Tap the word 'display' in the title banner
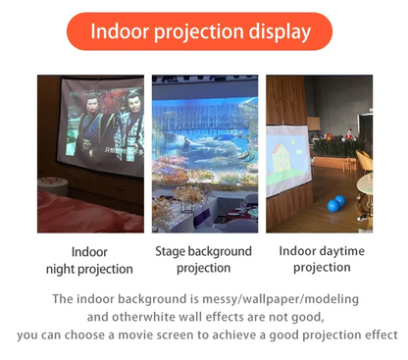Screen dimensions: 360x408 click(279, 32)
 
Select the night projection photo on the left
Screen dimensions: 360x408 click(89, 153)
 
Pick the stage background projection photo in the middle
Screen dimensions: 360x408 click(204, 153)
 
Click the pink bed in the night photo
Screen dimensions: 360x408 click(78, 211)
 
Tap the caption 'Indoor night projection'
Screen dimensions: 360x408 click(89, 260)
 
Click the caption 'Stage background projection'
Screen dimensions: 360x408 click(204, 259)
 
